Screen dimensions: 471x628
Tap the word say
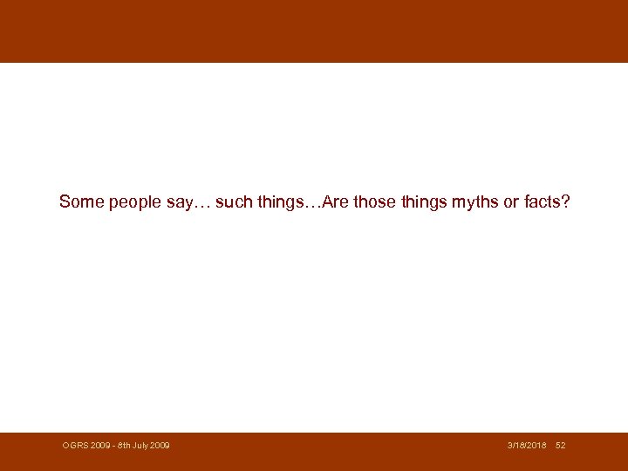(x=176, y=202)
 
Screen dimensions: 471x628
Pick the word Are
(x=337, y=201)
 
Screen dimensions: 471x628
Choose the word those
(x=374, y=201)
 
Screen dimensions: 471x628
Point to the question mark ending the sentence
(x=567, y=201)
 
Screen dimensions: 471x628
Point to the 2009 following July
(x=160, y=446)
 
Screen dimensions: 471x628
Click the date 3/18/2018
(x=527, y=446)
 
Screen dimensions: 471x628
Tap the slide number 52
(x=560, y=446)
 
